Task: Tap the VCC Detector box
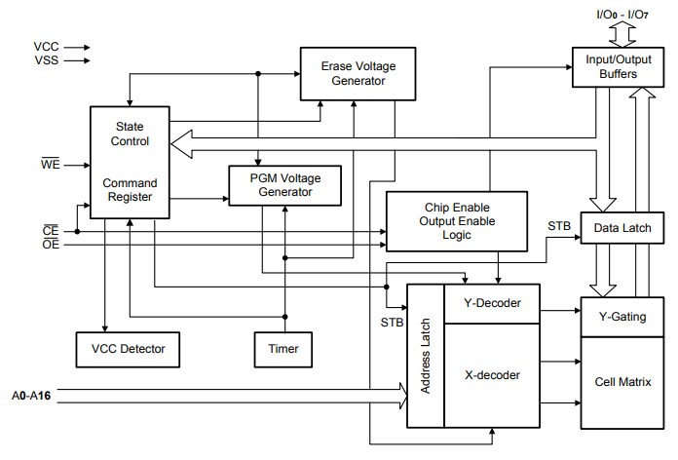[x=128, y=348]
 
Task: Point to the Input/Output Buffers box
[x=612, y=66]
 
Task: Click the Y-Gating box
[x=623, y=316]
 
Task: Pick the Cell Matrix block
[x=623, y=378]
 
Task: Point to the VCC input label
[x=46, y=46]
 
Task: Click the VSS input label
[x=46, y=60]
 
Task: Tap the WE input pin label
[x=49, y=166]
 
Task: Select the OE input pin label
[x=50, y=245]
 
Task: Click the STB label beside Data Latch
[x=558, y=226]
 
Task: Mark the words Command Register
[x=131, y=190]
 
